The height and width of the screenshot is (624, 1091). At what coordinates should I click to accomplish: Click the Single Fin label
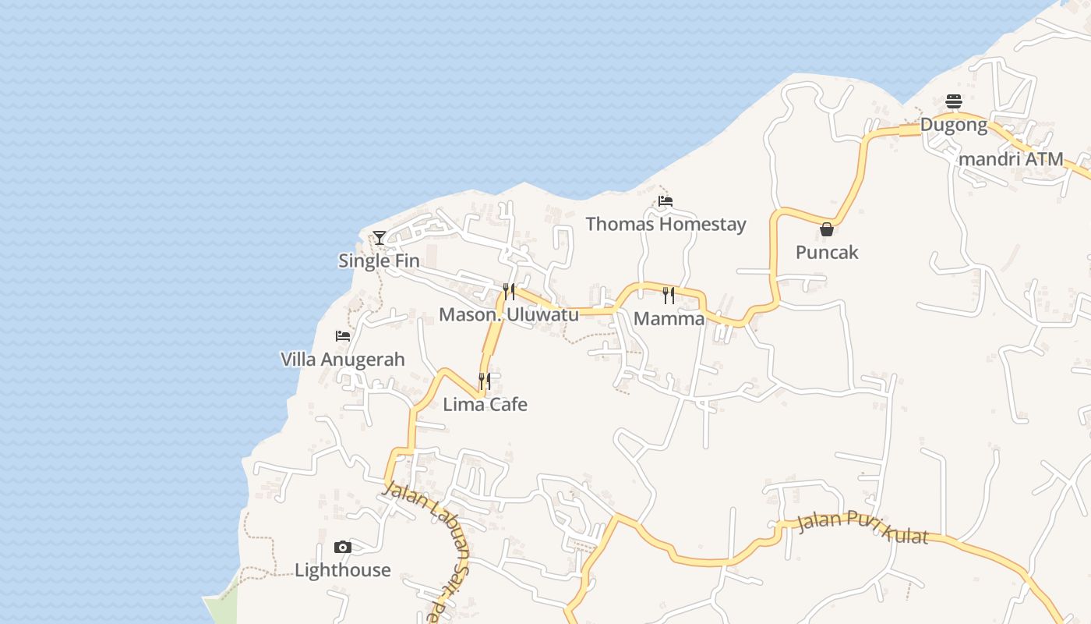379,261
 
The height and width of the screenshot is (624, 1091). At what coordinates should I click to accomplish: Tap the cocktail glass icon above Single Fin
380,237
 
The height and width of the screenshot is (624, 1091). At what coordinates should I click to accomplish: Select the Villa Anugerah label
343,359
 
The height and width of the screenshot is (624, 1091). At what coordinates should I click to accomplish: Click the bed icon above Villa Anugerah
343,336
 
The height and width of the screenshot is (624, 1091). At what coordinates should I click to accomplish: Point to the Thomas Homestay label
666,224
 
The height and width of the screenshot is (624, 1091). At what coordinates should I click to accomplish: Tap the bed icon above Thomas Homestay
665,201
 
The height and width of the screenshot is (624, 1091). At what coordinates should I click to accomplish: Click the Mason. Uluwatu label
509,314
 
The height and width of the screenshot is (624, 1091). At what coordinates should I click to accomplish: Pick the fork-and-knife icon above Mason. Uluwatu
509,292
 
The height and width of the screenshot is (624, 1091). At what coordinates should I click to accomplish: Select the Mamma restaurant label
669,318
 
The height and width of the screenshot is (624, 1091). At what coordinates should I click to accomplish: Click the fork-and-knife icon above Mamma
669,295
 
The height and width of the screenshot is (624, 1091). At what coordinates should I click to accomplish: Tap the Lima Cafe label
485,404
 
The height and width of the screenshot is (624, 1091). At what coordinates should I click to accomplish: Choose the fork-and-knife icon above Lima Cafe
485,381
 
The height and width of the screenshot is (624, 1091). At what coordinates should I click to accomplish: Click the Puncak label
827,252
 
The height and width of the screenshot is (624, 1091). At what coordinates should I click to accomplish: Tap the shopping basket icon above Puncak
827,229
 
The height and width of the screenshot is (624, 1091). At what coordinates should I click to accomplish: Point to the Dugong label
954,125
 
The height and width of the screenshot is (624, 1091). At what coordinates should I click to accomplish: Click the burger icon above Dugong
954,101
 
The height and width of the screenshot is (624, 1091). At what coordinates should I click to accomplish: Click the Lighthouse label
343,570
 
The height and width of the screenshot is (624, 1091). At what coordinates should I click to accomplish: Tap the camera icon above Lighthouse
343,547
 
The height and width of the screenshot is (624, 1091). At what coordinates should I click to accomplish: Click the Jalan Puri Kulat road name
863,530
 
